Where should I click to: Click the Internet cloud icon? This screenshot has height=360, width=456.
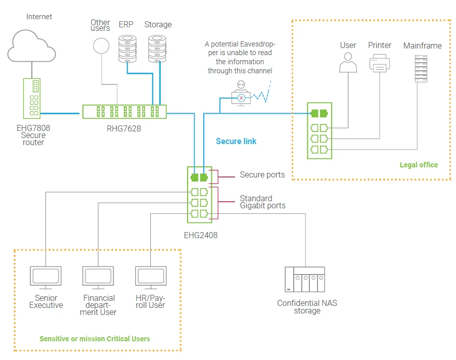(x=31, y=45)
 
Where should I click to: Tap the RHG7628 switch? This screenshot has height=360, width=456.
(x=124, y=112)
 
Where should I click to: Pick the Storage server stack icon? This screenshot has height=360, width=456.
(x=157, y=48)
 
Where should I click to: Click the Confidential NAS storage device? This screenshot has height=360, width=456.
(x=305, y=280)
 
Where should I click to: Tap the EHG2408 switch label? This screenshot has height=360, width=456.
(x=201, y=235)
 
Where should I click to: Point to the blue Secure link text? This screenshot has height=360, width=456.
(x=236, y=141)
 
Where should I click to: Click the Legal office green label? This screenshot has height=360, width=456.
(x=419, y=165)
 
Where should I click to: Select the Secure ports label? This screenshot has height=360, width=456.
(x=262, y=175)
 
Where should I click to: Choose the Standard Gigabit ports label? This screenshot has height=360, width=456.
(x=262, y=202)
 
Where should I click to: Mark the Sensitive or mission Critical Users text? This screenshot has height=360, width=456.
(x=95, y=338)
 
